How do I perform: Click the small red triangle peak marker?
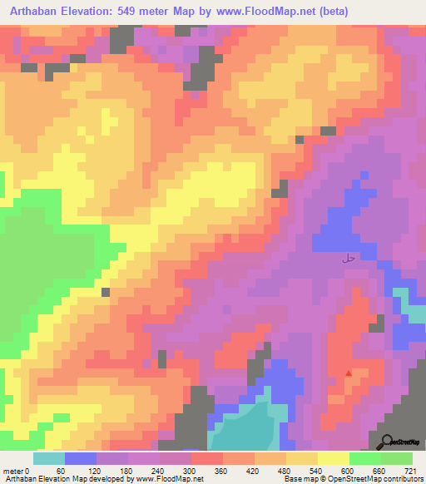348,373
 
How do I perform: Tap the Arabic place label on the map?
349,259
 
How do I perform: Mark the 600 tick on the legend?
349,471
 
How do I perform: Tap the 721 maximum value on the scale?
412,471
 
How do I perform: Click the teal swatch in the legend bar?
49,458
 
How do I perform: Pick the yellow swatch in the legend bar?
333,458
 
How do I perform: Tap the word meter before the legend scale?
12,471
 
